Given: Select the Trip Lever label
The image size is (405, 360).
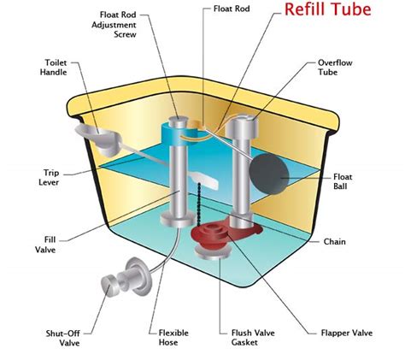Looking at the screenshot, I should (46, 178).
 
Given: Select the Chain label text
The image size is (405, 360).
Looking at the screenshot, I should (334, 241).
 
